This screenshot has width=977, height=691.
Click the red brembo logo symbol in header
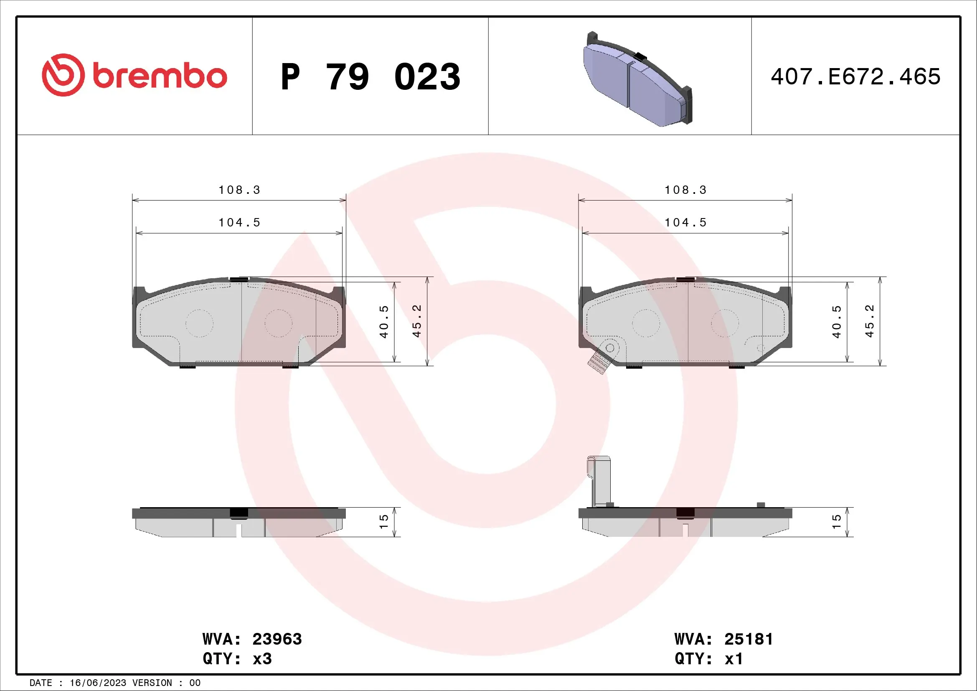(63, 75)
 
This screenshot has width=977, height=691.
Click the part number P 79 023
(370, 77)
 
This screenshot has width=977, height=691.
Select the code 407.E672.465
(855, 77)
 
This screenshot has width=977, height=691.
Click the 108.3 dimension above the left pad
(239, 190)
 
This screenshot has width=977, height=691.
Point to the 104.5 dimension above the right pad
(685, 223)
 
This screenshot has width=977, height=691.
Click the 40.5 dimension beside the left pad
(384, 322)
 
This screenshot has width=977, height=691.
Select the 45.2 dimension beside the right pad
(869, 322)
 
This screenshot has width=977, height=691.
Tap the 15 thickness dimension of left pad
(384, 522)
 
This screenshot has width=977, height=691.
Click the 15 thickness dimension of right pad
(837, 522)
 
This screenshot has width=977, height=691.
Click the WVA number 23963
(277, 639)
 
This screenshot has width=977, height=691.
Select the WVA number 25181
(749, 639)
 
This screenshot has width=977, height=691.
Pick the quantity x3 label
(262, 659)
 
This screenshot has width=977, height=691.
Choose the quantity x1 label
(733, 659)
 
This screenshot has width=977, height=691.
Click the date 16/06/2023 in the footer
(98, 683)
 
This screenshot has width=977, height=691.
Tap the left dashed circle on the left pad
(199, 323)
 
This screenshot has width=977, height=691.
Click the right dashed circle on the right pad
(725, 323)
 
